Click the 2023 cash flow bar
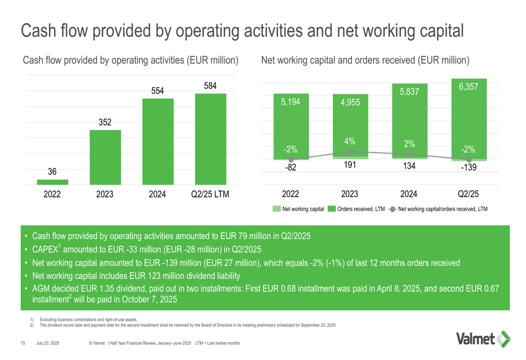tap(105, 157)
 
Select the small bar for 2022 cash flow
tap(53, 182)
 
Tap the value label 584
tap(210, 85)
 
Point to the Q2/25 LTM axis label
tap(210, 194)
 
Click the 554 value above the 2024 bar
tap(158, 90)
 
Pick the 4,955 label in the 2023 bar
tap(350, 102)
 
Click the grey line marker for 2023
tap(350, 151)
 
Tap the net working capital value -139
tap(468, 169)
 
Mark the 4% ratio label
tap(350, 141)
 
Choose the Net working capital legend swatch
tap(277, 209)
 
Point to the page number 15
tap(23, 343)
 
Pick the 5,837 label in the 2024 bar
tap(409, 92)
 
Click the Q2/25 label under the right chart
tap(468, 194)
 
